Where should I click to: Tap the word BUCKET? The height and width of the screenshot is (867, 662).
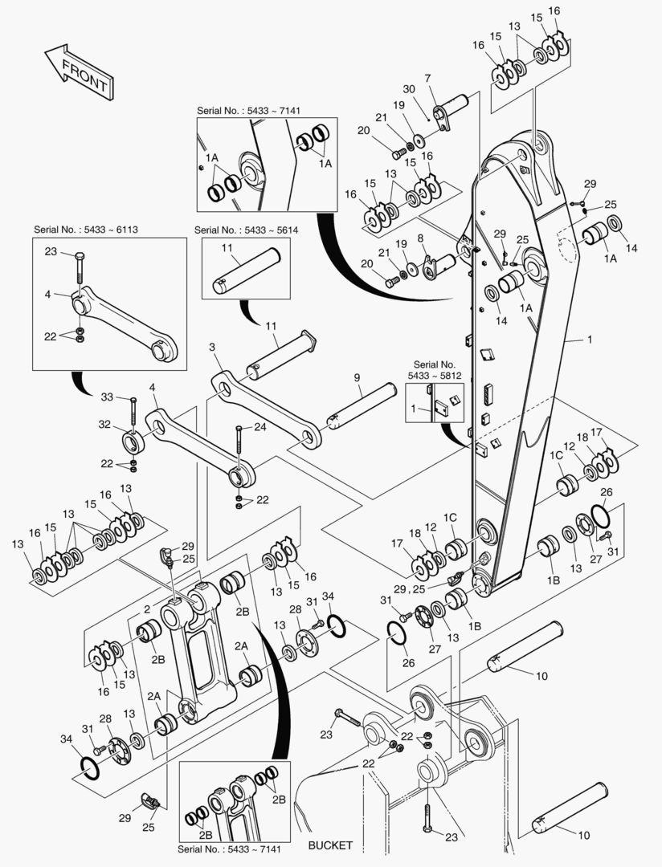coord(330,845)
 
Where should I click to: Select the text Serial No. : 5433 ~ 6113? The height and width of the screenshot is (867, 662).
coord(86,230)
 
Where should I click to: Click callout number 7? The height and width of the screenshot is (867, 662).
coord(428,78)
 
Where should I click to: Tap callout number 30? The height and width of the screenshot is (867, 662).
coord(408,89)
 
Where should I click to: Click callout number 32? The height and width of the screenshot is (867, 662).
coord(104,425)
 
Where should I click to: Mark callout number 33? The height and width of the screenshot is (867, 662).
coord(107,397)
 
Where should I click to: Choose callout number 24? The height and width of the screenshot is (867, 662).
coord(259,427)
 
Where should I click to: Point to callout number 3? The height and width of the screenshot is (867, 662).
coord(212,347)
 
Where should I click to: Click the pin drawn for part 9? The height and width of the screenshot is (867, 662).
coord(363,405)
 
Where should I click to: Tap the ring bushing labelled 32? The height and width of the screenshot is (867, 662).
coord(133,442)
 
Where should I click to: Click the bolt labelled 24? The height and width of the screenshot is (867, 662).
coord(239,447)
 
